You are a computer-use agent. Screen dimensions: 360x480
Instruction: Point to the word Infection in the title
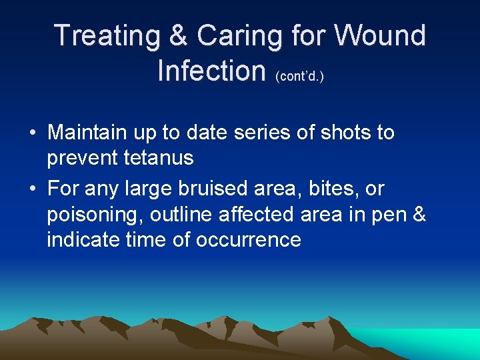[x=211, y=69]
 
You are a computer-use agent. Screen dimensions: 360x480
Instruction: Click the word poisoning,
[x=95, y=215]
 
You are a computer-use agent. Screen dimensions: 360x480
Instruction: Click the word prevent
[x=83, y=158]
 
